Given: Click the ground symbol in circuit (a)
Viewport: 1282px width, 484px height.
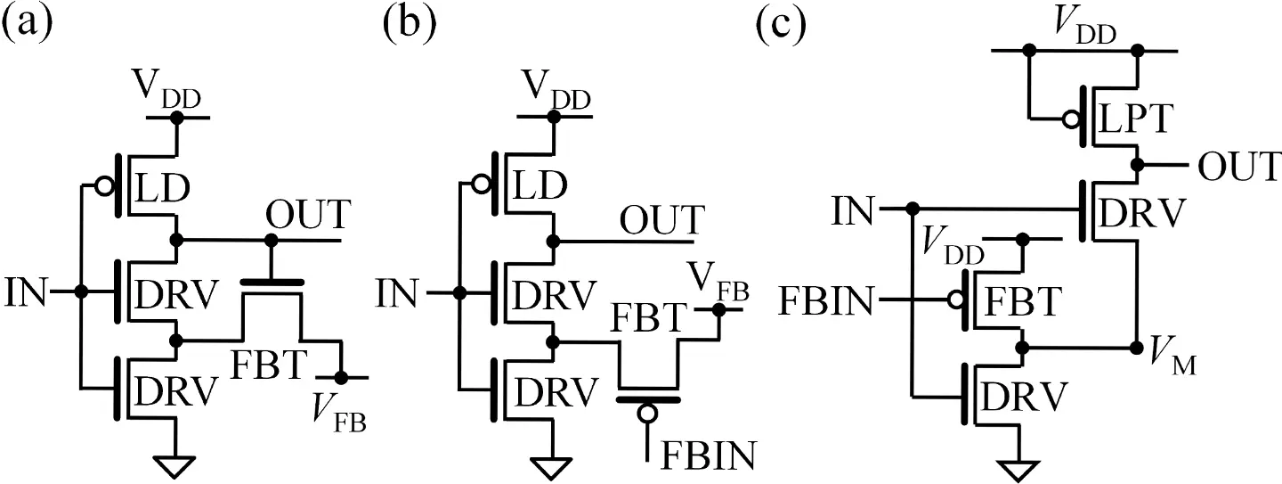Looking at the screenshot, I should coord(177,465).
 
